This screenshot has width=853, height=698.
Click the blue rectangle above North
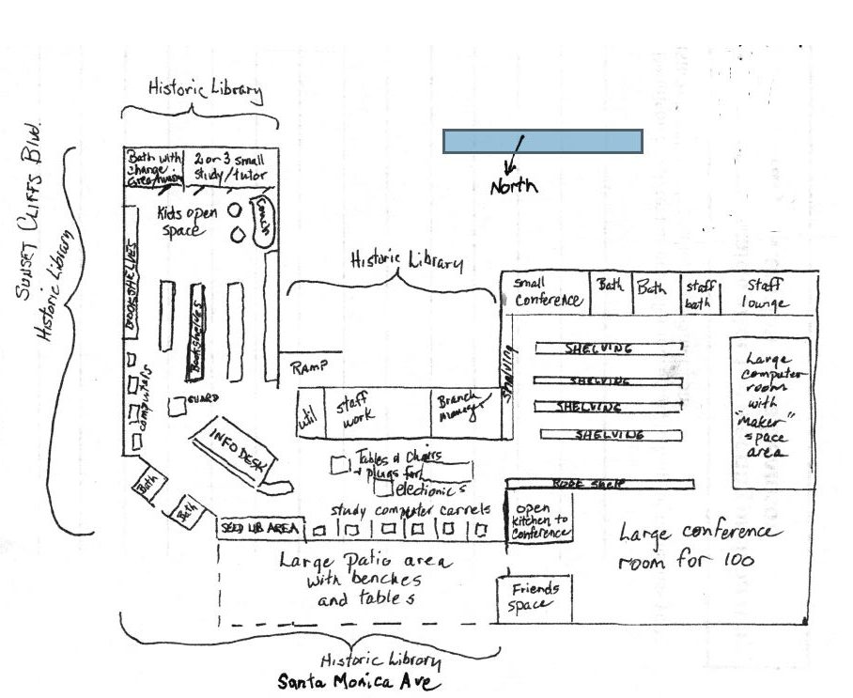tap(542, 142)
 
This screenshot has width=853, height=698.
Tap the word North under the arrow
tap(514, 186)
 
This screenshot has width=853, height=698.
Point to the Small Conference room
tap(547, 292)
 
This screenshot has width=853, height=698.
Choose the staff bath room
tap(700, 294)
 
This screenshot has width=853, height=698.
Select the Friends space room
tap(535, 597)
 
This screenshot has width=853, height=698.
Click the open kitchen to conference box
tap(540, 519)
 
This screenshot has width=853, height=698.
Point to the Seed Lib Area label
tap(260, 528)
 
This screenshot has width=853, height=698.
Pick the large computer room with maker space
tap(769, 411)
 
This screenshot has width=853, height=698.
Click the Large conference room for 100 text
tap(697, 547)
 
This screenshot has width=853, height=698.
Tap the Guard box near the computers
tap(177, 406)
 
